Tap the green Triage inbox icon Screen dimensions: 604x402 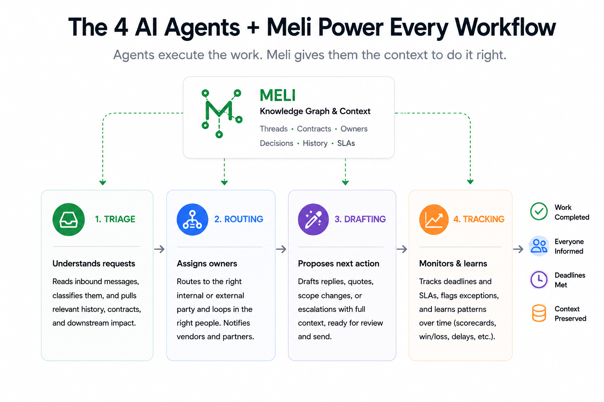pos(68,219)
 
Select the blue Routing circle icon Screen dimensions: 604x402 pos(192,219)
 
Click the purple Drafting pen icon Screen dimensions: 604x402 pos(313,219)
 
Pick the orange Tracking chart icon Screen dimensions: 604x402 pos(434,219)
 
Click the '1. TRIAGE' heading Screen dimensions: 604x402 pos(115,219)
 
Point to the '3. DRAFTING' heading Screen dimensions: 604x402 pos(360,219)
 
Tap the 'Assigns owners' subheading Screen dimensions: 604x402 pos(207,263)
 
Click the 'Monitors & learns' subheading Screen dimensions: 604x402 pos(453,263)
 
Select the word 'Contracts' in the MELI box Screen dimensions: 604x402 pos(314,129)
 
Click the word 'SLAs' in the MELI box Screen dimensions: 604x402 pos(346,143)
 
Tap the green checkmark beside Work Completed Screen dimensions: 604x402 pos(539,211)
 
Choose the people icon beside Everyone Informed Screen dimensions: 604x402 pos(539,246)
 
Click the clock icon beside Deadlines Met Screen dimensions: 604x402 pos(539,280)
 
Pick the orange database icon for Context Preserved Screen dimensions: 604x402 pos(539,313)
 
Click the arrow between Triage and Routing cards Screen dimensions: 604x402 pos(159,249)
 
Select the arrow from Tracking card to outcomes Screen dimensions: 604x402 pos(518,249)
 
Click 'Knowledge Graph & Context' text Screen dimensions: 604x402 pos(315,111)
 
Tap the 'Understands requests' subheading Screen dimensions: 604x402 pos(94,263)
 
